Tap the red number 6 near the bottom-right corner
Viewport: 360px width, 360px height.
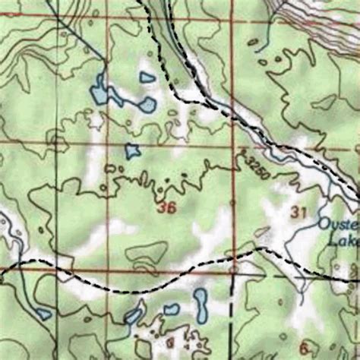coord(305,342)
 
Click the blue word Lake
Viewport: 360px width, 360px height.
coord(345,240)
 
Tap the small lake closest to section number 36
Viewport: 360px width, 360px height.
coord(133,150)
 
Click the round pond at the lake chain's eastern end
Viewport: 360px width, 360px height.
coord(147,104)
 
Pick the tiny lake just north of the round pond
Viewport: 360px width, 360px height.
coord(147,77)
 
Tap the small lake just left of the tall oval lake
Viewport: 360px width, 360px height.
coord(172,309)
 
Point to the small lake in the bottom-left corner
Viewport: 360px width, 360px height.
coord(43,313)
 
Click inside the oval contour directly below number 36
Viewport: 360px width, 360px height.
coord(148,252)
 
